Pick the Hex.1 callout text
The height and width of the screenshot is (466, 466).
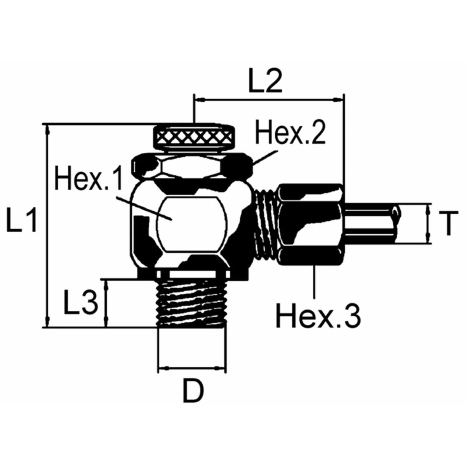point(89,179)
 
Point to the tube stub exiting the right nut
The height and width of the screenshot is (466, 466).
point(371,223)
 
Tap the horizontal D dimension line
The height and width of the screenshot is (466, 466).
point(192,367)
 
